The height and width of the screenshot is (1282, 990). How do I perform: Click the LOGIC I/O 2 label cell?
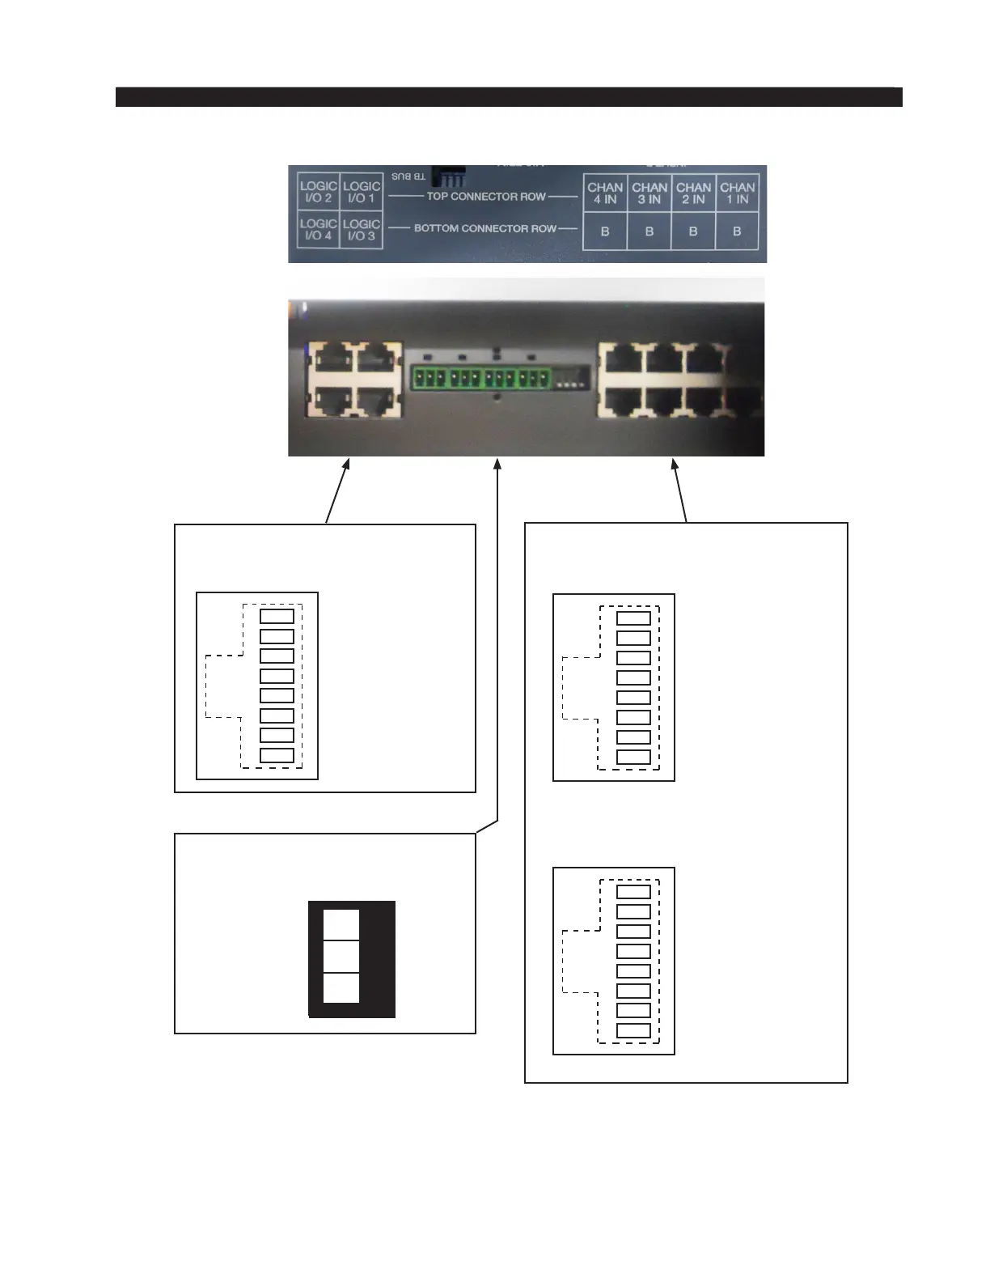(318, 193)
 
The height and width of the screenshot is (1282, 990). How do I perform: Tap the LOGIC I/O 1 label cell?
(361, 193)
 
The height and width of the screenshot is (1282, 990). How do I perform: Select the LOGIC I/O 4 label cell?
(318, 230)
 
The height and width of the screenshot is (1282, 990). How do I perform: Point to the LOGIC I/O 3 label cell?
(361, 230)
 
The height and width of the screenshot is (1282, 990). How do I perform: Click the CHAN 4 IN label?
(605, 193)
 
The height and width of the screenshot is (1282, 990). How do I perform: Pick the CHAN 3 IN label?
(649, 193)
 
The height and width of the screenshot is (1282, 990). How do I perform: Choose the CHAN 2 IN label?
(693, 193)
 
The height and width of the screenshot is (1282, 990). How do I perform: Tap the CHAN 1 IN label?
(737, 193)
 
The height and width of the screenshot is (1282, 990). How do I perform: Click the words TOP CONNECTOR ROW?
(486, 197)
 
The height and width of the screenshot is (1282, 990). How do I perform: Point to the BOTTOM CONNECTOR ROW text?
(485, 228)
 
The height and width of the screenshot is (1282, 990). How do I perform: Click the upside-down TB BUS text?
(408, 176)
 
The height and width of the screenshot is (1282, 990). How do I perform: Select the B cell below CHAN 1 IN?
(737, 231)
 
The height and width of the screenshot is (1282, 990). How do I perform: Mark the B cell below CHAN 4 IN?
(605, 231)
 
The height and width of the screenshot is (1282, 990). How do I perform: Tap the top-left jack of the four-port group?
(330, 358)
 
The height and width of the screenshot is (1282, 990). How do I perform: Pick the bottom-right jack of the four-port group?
(374, 401)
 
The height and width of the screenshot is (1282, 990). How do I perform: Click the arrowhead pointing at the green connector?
(497, 465)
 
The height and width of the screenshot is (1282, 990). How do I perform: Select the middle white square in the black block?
(341, 956)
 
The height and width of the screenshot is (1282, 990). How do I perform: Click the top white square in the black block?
(341, 924)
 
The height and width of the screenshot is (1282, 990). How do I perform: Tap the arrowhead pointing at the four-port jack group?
(348, 465)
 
